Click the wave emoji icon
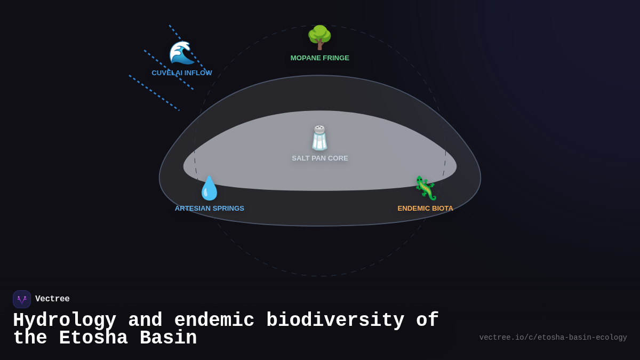click(181, 53)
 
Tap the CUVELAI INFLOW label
click(182, 73)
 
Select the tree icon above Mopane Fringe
click(319, 37)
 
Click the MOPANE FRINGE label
click(320, 58)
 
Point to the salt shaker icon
click(319, 138)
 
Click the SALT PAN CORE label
click(320, 158)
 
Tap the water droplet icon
click(210, 188)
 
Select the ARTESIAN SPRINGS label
click(210, 209)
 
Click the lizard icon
click(426, 188)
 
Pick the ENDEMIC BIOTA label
click(426, 209)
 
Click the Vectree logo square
click(22, 299)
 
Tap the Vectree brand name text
click(52, 299)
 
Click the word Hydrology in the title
click(65, 321)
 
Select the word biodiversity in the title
click(335, 321)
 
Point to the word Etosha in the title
click(93, 338)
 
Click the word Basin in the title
click(169, 338)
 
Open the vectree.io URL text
click(553, 338)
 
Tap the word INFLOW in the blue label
click(198, 73)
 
